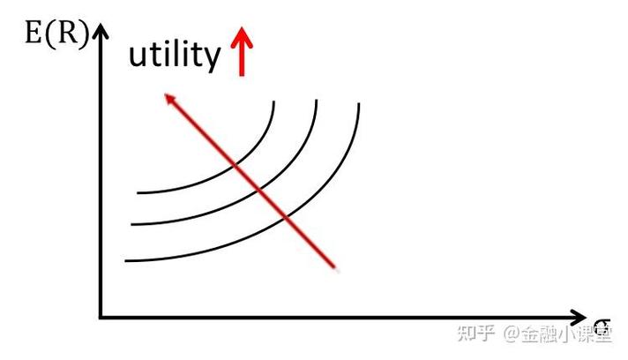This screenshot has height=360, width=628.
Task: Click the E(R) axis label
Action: pos(56,34)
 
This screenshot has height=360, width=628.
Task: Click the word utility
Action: pos(175,56)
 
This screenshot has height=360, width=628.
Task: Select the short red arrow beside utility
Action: pos(242,51)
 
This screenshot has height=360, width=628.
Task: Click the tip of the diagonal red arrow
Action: pos(166,94)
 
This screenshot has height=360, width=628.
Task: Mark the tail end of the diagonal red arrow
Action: pos(336,268)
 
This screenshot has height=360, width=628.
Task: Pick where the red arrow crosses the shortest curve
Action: pos(235,164)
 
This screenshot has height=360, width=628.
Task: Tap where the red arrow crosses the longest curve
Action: pos(286,217)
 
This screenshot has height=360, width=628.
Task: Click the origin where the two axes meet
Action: pos(101,318)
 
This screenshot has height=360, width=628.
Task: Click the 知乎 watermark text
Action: pos(475,334)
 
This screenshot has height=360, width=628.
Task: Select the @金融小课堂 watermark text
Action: pos(557,334)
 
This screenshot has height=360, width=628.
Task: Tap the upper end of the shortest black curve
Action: pos(274,101)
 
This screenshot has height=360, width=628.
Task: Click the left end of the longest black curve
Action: pos(125,261)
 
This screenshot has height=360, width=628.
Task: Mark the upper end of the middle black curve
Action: pos(317,100)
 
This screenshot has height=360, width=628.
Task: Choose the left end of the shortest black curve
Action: pos(138,193)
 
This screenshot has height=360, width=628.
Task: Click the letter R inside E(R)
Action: pos(66,34)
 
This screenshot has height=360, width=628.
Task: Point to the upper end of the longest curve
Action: pos(358,103)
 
